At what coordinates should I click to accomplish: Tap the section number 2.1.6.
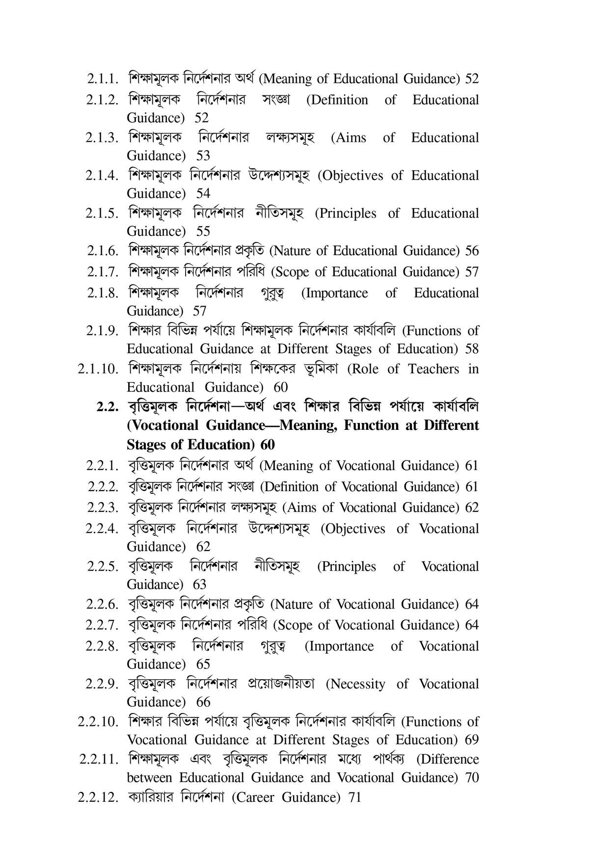103,251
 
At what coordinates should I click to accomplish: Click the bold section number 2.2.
108,407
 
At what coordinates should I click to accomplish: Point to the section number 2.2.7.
102,625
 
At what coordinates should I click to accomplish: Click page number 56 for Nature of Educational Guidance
471,251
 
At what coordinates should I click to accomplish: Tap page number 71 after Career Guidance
354,797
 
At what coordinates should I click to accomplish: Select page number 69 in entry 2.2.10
471,740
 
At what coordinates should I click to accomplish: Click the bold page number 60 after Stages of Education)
268,445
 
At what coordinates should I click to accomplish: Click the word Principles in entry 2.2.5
347,567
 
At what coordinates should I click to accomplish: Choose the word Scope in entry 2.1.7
290,272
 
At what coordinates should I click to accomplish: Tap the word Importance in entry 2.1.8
334,293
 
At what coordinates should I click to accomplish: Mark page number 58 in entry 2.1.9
471,349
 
